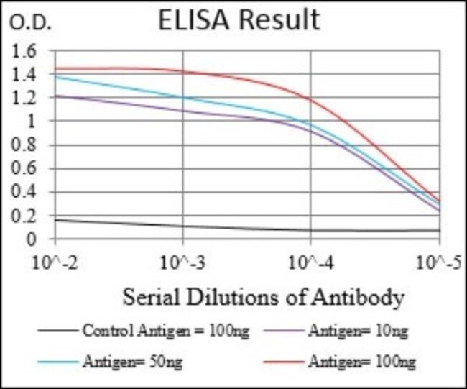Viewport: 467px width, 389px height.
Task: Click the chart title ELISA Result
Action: click(x=239, y=20)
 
